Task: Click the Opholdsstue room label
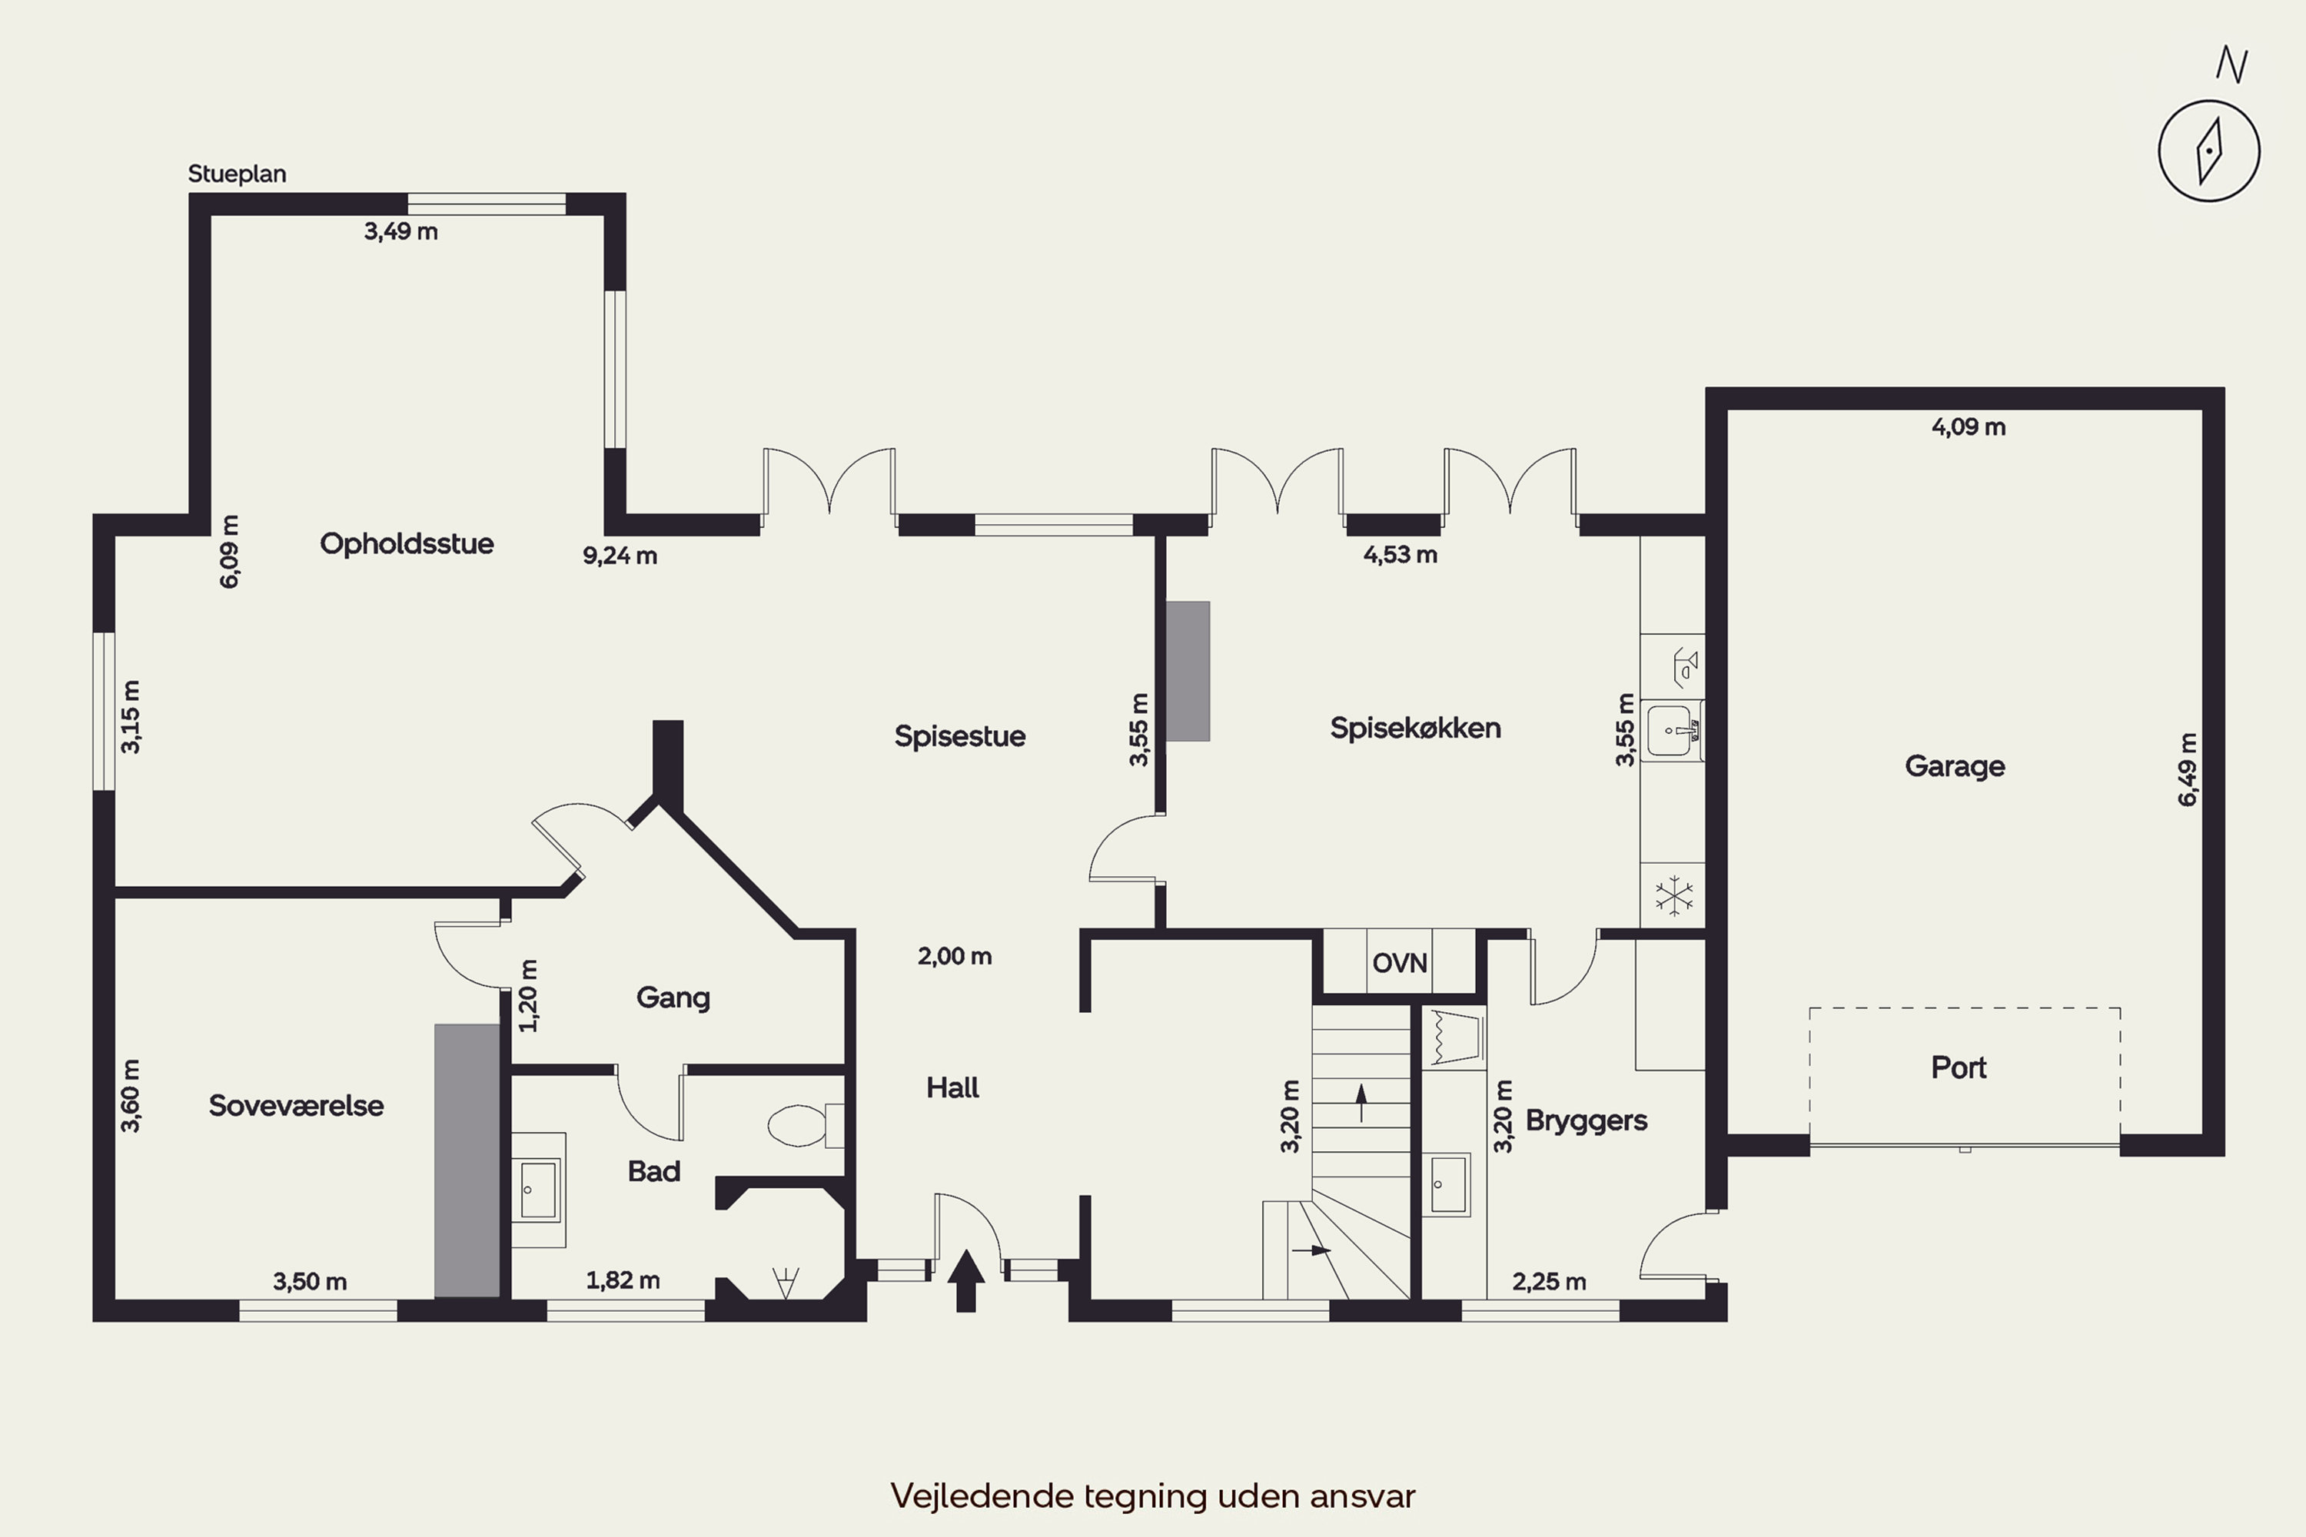pyautogui.click(x=406, y=543)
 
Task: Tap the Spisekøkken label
pyautogui.click(x=1415, y=729)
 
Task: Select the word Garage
pyautogui.click(x=1954, y=765)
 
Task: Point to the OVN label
pyautogui.click(x=1399, y=963)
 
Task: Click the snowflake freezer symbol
pyautogui.click(x=1673, y=895)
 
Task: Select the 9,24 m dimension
pyautogui.click(x=620, y=556)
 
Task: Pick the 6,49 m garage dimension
pyautogui.click(x=2188, y=769)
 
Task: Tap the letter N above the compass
pyautogui.click(x=2231, y=65)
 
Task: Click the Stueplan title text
pyautogui.click(x=238, y=174)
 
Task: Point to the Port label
pyautogui.click(x=1958, y=1067)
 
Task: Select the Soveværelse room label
pyautogui.click(x=296, y=1106)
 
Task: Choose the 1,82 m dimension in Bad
pyautogui.click(x=623, y=1280)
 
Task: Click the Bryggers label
pyautogui.click(x=1585, y=1120)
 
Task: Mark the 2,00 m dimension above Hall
pyautogui.click(x=954, y=956)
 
